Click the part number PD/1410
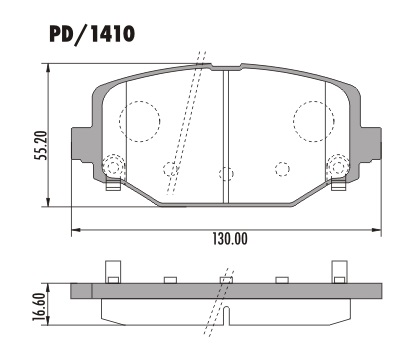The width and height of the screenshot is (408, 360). click(x=93, y=32)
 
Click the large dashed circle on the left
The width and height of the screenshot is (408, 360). click(x=139, y=121)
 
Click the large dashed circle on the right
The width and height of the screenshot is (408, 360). click(x=312, y=121)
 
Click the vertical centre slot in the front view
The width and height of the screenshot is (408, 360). click(x=226, y=135)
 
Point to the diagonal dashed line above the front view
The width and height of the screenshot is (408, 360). click(x=204, y=60)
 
